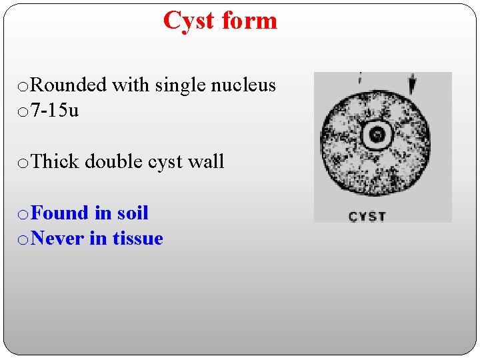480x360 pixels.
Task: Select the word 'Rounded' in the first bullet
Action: pos(69,85)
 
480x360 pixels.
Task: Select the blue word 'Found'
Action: pos(60,213)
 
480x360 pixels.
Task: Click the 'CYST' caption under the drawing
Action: pos(367,217)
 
